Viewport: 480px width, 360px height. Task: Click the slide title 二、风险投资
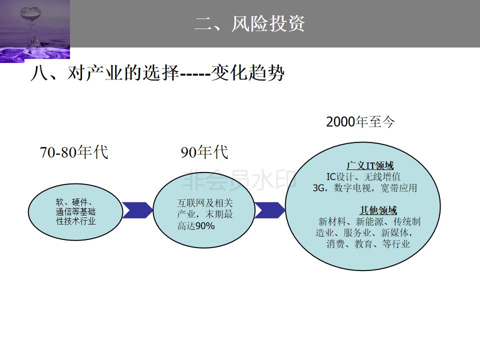pyautogui.click(x=249, y=23)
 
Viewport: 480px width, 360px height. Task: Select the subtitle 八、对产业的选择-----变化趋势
pyautogui.click(x=157, y=73)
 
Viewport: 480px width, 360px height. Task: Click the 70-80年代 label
pyautogui.click(x=74, y=152)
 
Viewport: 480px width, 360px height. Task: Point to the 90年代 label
pyautogui.click(x=204, y=152)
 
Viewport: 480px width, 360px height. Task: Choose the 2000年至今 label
pyautogui.click(x=360, y=122)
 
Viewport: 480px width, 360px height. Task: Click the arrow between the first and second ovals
pyautogui.click(x=137, y=210)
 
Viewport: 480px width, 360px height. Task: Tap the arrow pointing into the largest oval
pyautogui.click(x=269, y=210)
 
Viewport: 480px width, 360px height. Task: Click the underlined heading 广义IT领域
pyautogui.click(x=370, y=165)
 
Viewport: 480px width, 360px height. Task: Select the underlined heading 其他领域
pyautogui.click(x=378, y=210)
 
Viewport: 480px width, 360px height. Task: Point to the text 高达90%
pyautogui.click(x=196, y=226)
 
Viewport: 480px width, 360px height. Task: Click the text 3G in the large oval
pyautogui.click(x=319, y=188)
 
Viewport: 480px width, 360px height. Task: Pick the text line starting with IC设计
pyautogui.click(x=363, y=176)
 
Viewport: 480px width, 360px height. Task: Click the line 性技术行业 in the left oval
pyautogui.click(x=75, y=220)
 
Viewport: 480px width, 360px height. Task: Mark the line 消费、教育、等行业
pyautogui.click(x=368, y=244)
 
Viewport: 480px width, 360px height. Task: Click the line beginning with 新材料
pyautogui.click(x=369, y=221)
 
